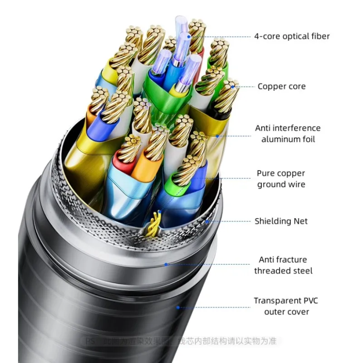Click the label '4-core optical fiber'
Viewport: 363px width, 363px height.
tap(292, 36)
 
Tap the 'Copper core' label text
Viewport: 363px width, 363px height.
tap(281, 86)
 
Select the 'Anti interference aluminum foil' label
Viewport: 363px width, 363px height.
tap(288, 133)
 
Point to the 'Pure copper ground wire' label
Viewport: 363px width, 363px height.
tap(281, 179)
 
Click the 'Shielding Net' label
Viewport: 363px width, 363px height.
tap(281, 221)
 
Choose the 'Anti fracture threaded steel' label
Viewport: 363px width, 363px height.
tap(283, 265)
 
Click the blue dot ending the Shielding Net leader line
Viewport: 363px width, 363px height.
tap(207, 221)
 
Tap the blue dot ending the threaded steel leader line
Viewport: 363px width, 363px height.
tap(166, 264)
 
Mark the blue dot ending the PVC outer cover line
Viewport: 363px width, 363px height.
tap(178, 307)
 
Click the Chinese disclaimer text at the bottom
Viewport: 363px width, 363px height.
tap(181, 341)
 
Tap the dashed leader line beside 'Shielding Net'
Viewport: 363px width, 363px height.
tap(229, 221)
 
